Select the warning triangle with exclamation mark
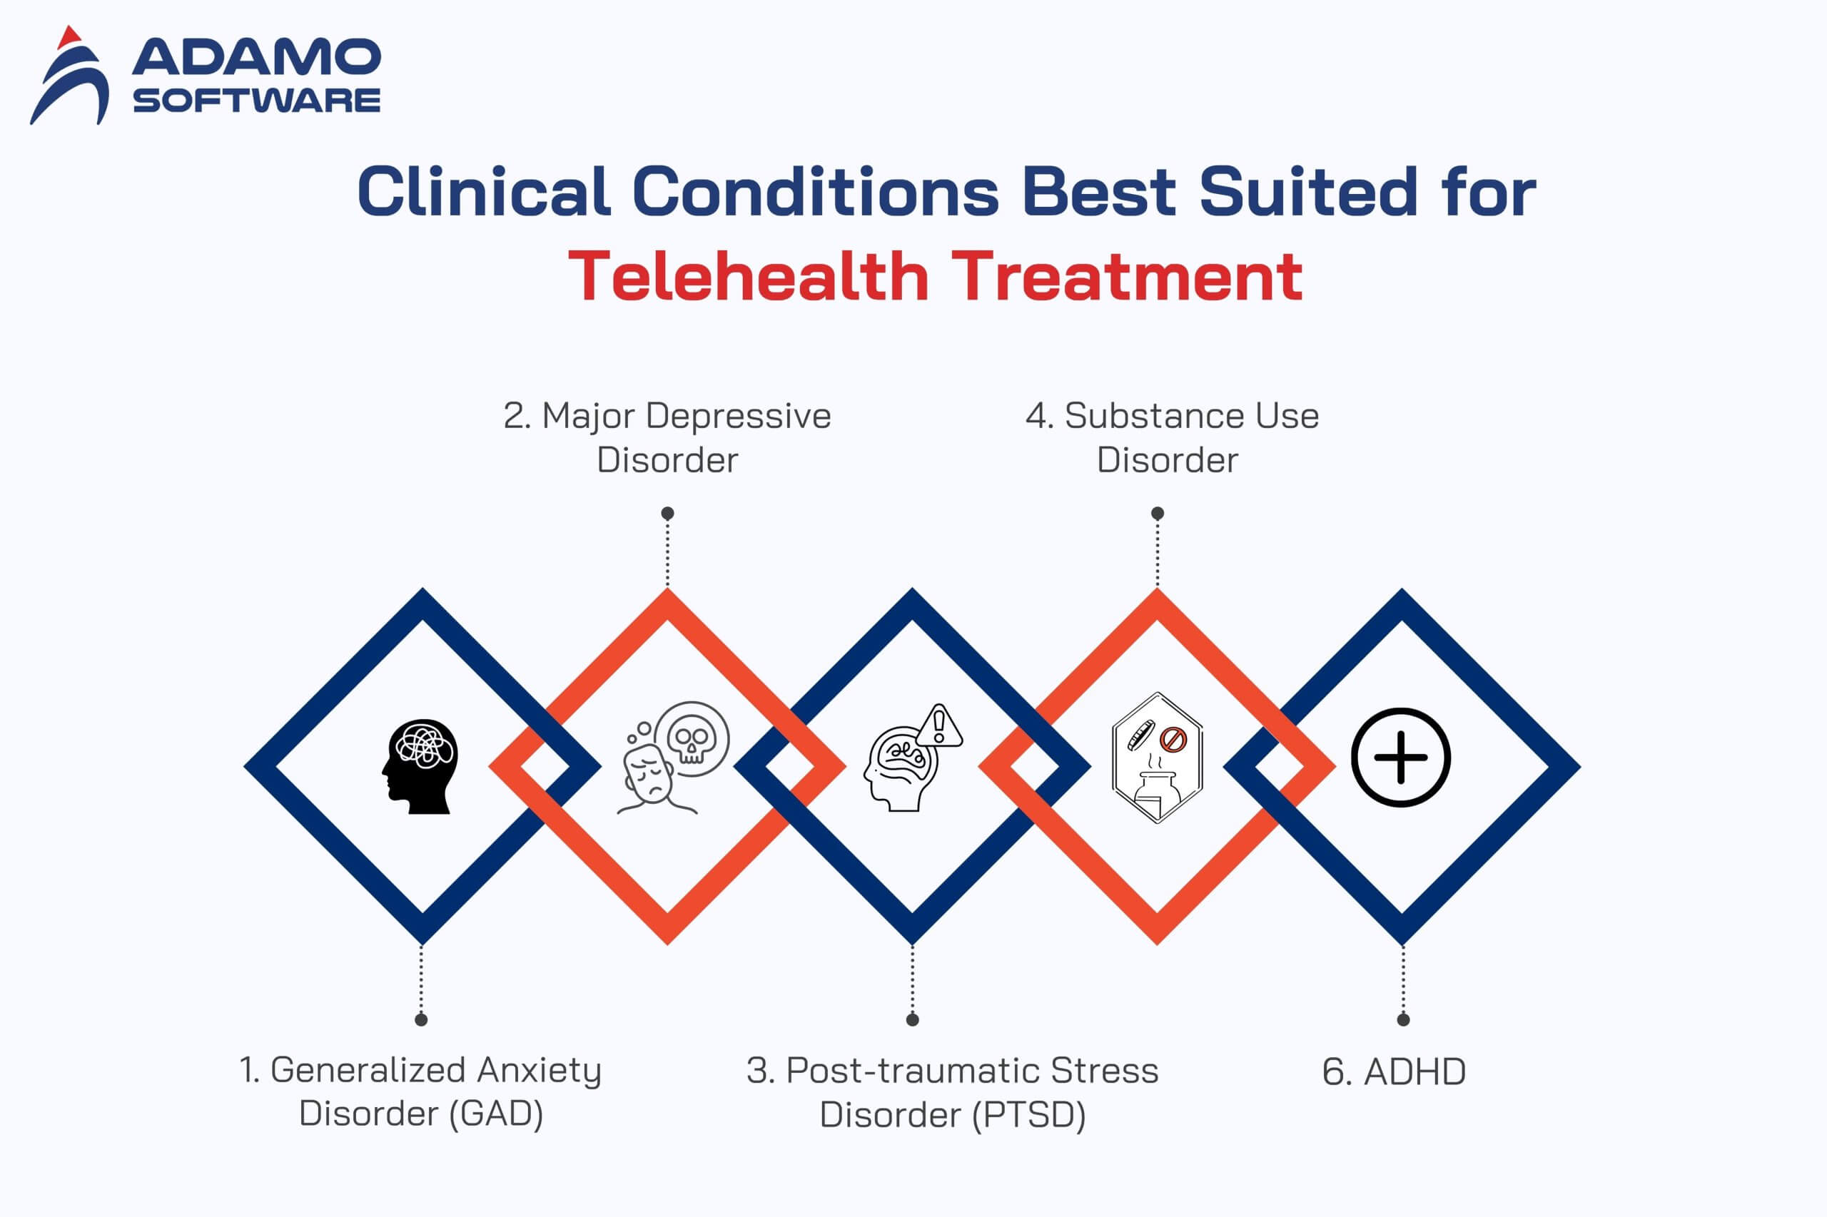tap(939, 725)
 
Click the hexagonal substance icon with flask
tap(1157, 757)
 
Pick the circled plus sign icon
tap(1401, 757)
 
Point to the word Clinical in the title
tap(483, 192)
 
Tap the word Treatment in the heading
tap(1127, 277)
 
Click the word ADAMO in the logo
tap(256, 58)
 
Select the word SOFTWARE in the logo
tap(256, 101)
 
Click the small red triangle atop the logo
tap(70, 36)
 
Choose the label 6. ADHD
tap(1394, 1072)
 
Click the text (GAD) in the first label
tap(496, 1114)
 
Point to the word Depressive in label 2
tap(738, 416)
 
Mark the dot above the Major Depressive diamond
tap(667, 513)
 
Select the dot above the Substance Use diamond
tap(1157, 513)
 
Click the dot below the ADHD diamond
tap(1402, 1020)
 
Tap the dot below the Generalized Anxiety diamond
tap(421, 1020)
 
